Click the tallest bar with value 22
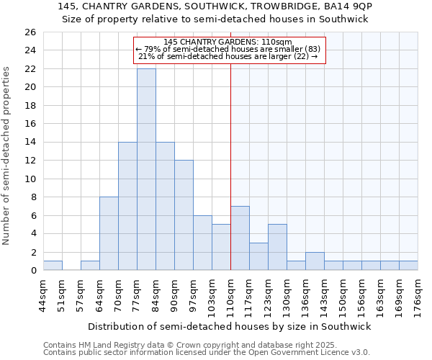[146, 169]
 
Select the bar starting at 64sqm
[109, 233]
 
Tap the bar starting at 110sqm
[240, 238]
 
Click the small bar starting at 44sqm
[53, 266]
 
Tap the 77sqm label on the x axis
[137, 295]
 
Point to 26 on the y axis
[30, 32]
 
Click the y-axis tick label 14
[30, 143]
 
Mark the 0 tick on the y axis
[33, 271]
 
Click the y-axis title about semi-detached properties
[7, 156]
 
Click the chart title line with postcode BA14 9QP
[215, 6]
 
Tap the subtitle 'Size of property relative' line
[215, 19]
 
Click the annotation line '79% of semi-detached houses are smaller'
[230, 49]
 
